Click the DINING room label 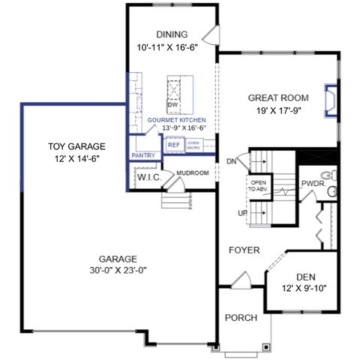(x=172, y=34)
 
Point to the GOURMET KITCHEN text (x=176, y=120)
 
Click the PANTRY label (x=142, y=156)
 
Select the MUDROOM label (x=192, y=173)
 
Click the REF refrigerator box (x=174, y=145)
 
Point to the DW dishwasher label (x=172, y=106)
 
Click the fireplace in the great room (x=330, y=100)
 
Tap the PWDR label (x=311, y=183)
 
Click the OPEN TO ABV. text (x=259, y=186)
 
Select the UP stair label (x=243, y=213)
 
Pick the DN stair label (x=231, y=161)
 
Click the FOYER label (x=244, y=250)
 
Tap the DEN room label (x=305, y=277)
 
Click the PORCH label (x=241, y=318)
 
